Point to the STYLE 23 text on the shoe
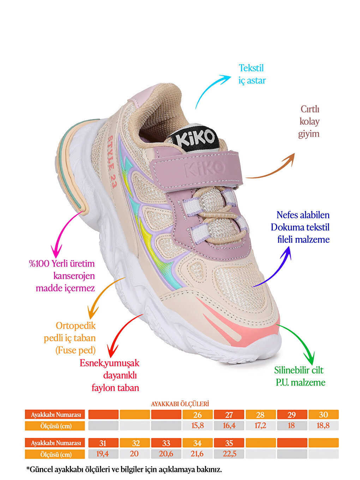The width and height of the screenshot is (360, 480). coord(113,162)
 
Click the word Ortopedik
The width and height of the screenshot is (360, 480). coord(76,326)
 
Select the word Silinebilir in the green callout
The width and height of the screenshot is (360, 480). coord(291,370)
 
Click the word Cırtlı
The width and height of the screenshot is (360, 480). coord(310,109)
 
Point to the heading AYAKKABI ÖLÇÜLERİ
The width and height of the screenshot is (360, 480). coord(180,404)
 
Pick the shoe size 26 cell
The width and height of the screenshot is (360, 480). coord(197,415)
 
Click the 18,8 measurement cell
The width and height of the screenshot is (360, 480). coord(323,426)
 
